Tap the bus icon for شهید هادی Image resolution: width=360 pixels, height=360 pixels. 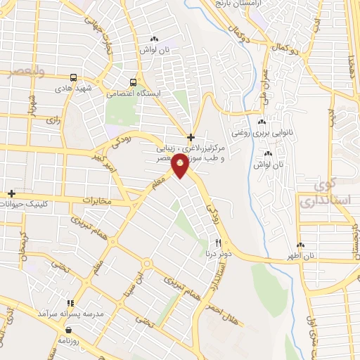click(x=73, y=77)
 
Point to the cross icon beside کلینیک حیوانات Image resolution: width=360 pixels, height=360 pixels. click(x=11, y=193)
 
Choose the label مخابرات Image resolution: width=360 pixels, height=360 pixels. click(x=96, y=201)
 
